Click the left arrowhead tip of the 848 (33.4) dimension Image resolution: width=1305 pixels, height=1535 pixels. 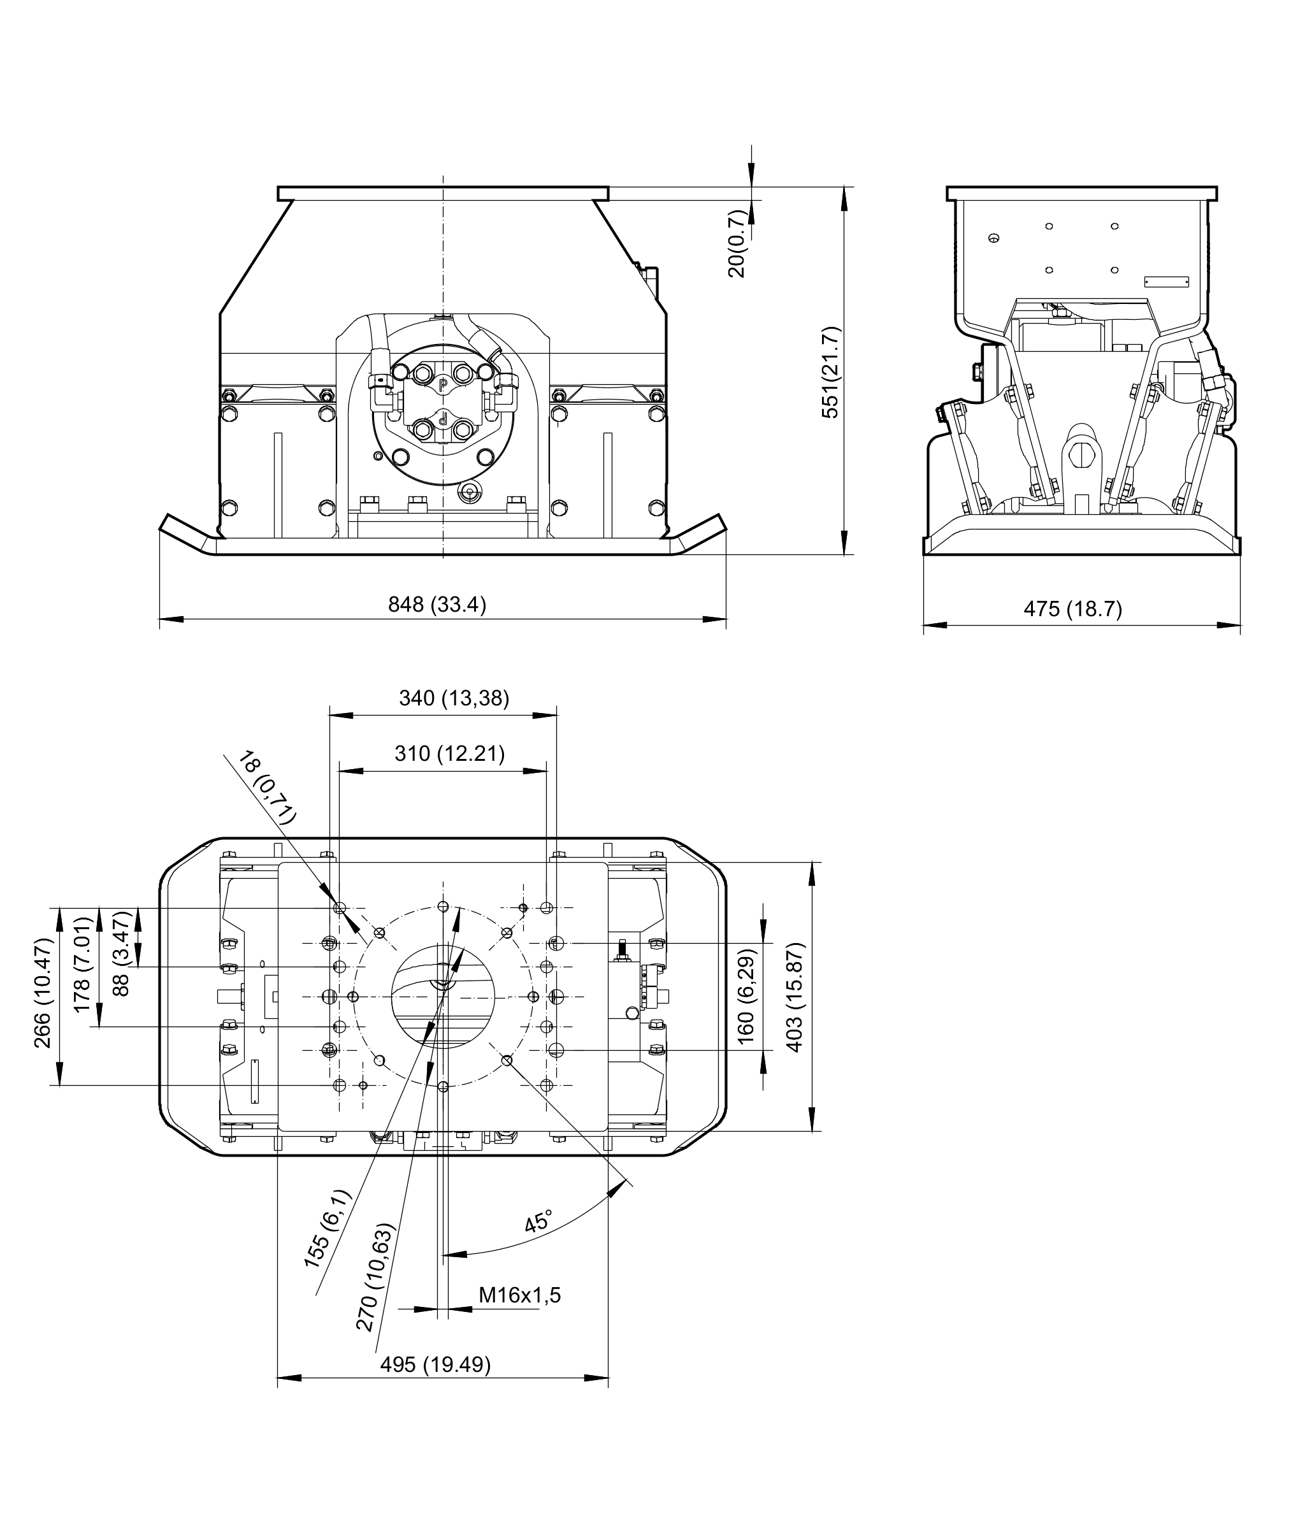pyautogui.click(x=160, y=619)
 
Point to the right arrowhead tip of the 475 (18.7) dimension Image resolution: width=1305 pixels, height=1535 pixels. pyautogui.click(x=1241, y=625)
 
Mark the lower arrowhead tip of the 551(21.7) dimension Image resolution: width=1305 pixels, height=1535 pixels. pyautogui.click(x=844, y=555)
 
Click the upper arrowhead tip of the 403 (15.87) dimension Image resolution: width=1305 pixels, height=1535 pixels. pyautogui.click(x=812, y=862)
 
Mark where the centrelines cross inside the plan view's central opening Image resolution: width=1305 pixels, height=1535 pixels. pyautogui.click(x=443, y=997)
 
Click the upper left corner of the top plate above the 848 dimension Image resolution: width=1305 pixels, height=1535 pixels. pyautogui.click(x=278, y=187)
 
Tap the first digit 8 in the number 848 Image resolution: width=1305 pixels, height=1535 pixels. pyautogui.click(x=394, y=605)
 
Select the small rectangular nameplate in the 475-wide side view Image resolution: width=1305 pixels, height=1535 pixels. pyautogui.click(x=1166, y=282)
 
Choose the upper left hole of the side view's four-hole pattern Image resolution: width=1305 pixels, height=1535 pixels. pyautogui.click(x=1049, y=226)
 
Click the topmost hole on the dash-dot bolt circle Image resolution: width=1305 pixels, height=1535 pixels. pyautogui.click(x=443, y=907)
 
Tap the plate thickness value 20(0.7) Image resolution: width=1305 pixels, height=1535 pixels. pyautogui.click(x=737, y=243)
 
